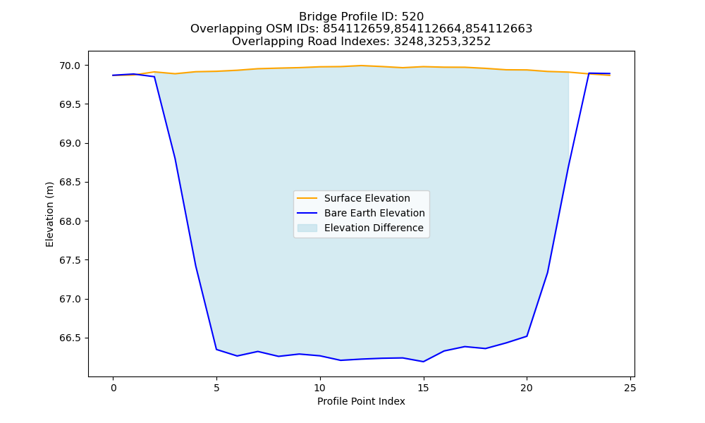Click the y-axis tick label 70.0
pyautogui.click(x=69, y=66)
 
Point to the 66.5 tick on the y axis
pyautogui.click(x=69, y=338)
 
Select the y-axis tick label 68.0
pyautogui.click(x=69, y=221)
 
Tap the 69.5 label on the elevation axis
pyautogui.click(x=69, y=104)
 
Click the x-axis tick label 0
pyautogui.click(x=113, y=388)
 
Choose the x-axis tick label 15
pyautogui.click(x=423, y=388)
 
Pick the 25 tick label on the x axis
pyautogui.click(x=630, y=388)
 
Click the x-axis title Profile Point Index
pyautogui.click(x=361, y=401)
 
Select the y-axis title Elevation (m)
pyautogui.click(x=49, y=214)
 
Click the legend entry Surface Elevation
pyautogui.click(x=367, y=198)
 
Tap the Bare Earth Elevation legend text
pyautogui.click(x=374, y=213)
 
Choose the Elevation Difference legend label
pyautogui.click(x=374, y=228)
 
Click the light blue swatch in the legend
pyautogui.click(x=307, y=228)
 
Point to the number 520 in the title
pyautogui.click(x=412, y=17)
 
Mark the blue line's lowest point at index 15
pyautogui.click(x=423, y=362)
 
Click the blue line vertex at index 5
pyautogui.click(x=216, y=349)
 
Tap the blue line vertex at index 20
pyautogui.click(x=527, y=336)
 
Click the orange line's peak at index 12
pyautogui.click(x=361, y=66)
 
